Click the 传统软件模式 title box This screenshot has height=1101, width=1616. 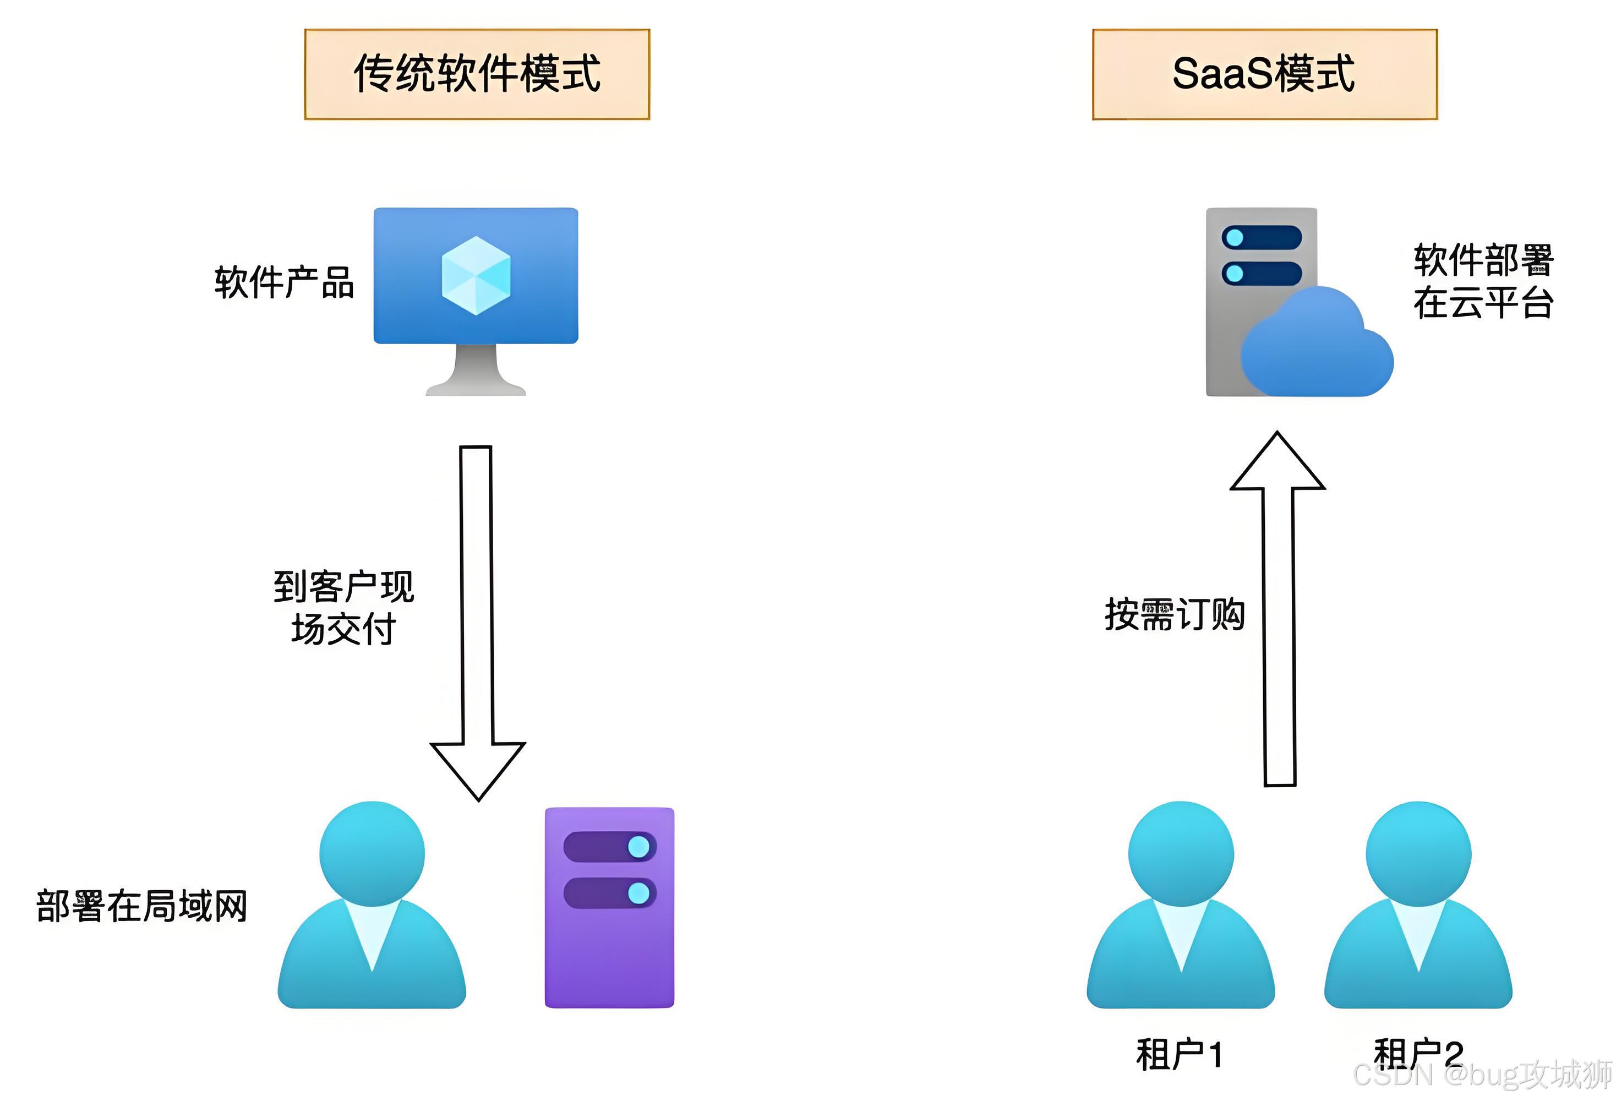pyautogui.click(x=477, y=74)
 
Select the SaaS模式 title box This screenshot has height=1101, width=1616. pyautogui.click(x=1264, y=74)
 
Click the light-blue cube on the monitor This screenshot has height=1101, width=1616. pyautogui.click(x=476, y=275)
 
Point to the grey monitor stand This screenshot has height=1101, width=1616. pyautogui.click(x=476, y=372)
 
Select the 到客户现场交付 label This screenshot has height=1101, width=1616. pyautogui.click(x=343, y=608)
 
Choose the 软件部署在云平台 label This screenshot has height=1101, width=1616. pyautogui.click(x=1483, y=281)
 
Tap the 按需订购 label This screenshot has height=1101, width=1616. pyautogui.click(x=1175, y=615)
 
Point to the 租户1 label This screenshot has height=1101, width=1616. pyautogui.click(x=1180, y=1054)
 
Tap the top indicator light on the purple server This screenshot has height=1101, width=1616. pyautogui.click(x=638, y=847)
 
